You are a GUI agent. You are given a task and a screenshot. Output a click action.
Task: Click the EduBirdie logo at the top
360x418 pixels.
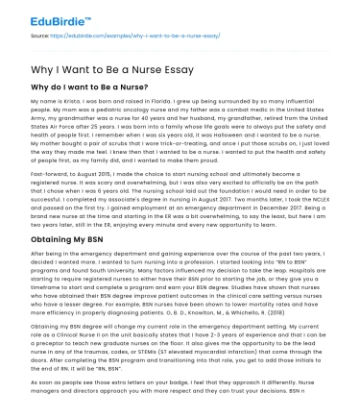(50, 16)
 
